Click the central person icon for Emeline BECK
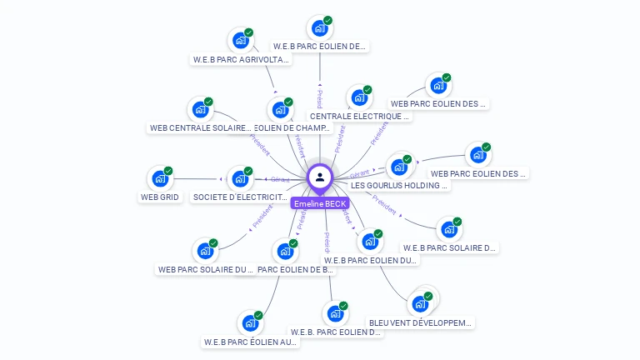click(320, 177)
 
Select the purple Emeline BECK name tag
click(320, 202)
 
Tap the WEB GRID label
click(159, 197)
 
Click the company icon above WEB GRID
click(159, 177)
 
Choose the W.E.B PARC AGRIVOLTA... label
click(241, 60)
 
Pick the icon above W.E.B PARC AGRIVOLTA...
click(241, 39)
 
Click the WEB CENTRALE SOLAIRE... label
click(200, 128)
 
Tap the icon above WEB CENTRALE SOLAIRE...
click(200, 108)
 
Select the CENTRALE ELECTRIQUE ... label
click(360, 117)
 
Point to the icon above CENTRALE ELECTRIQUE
click(359, 97)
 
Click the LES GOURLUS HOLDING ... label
click(400, 185)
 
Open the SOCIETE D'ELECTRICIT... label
click(240, 197)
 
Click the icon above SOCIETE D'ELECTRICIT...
click(240, 177)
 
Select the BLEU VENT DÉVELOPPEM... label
click(420, 322)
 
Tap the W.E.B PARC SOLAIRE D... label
click(449, 247)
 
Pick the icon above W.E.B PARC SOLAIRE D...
click(449, 228)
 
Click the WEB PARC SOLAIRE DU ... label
click(205, 269)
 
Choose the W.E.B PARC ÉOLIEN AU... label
click(250, 342)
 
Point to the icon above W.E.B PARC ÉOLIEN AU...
click(250, 322)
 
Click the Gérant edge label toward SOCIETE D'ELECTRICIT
click(280, 179)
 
